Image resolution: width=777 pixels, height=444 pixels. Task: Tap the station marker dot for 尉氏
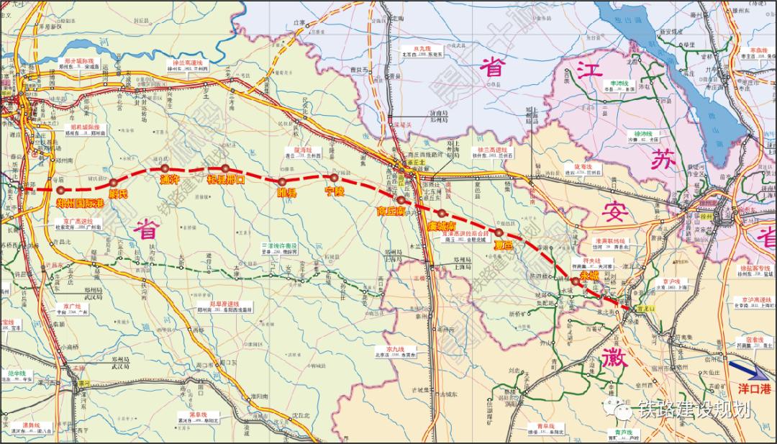[x=114, y=183]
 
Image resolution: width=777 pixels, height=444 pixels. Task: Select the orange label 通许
[x=169, y=180]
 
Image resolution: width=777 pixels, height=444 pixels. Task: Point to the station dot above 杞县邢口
[x=225, y=168]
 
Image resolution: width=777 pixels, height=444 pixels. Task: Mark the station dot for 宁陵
[x=333, y=177]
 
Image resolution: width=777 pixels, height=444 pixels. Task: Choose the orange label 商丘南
[x=391, y=212]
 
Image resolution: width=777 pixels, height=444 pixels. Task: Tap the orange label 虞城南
[x=441, y=225]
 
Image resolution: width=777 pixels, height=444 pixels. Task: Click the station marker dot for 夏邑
[x=499, y=232]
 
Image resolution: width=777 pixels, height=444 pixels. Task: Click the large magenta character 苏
[x=660, y=160]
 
